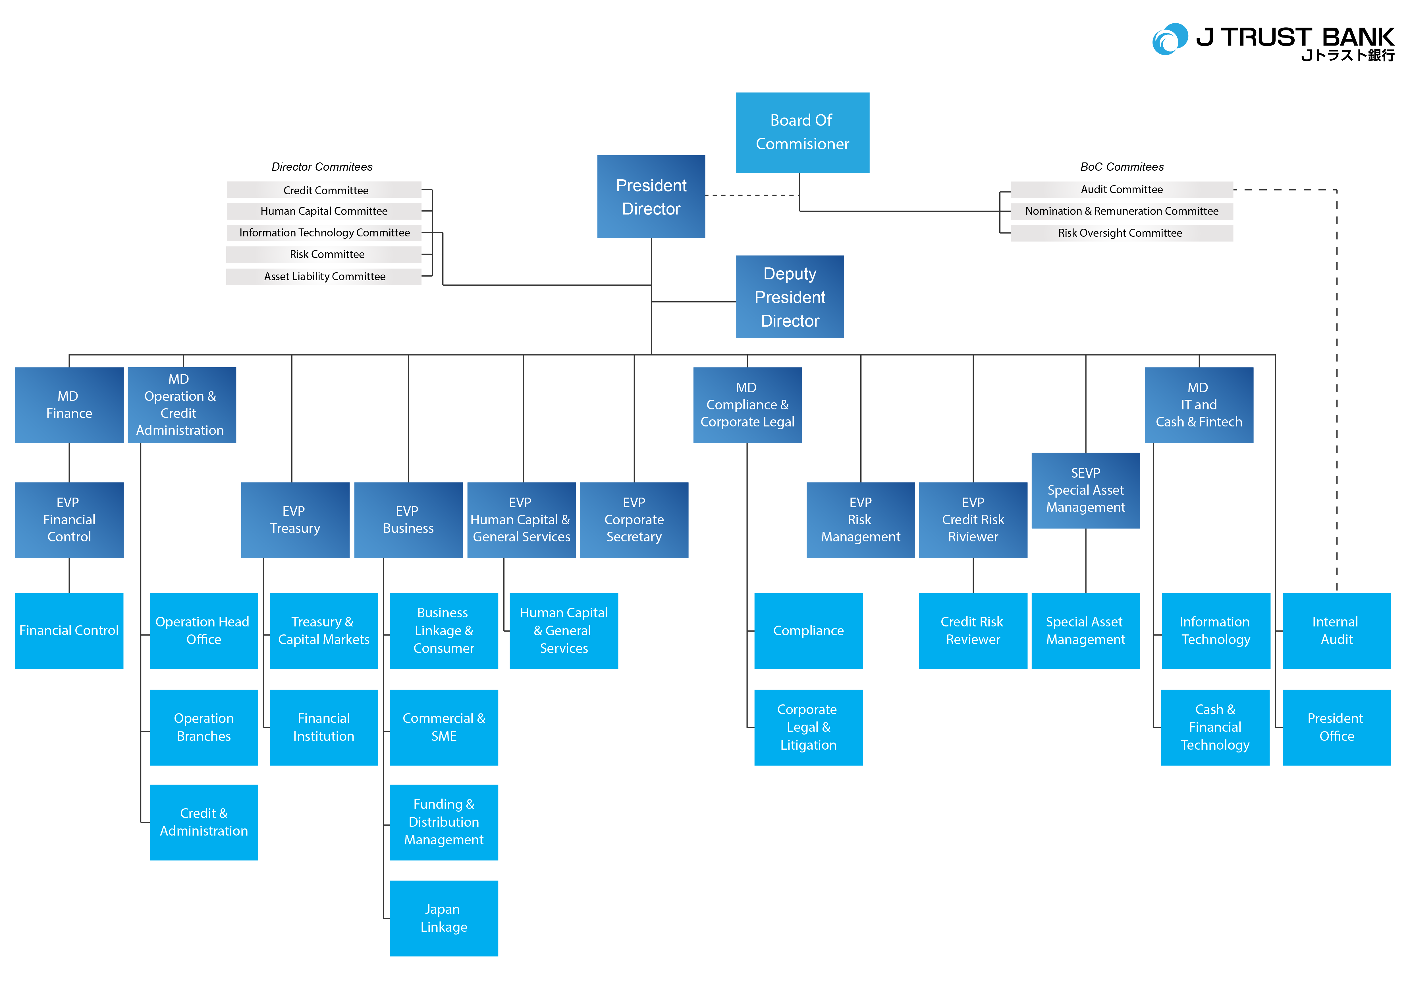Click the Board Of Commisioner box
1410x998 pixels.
[x=802, y=132]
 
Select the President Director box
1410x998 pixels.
[x=651, y=197]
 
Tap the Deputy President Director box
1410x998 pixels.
[x=790, y=297]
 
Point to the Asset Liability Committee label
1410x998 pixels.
[x=324, y=277]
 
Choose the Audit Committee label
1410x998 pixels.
[x=1121, y=189]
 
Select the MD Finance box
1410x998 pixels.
[x=69, y=405]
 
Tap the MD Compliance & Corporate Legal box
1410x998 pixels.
[x=747, y=405]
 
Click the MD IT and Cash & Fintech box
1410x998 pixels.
[x=1198, y=405]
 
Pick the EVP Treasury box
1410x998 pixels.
[x=295, y=520]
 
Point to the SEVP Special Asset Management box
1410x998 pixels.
[x=1085, y=490]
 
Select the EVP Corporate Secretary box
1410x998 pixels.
[x=634, y=520]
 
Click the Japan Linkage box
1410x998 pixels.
[x=443, y=918]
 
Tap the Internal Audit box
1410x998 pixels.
[x=1336, y=630]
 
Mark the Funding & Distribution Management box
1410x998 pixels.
[x=443, y=822]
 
